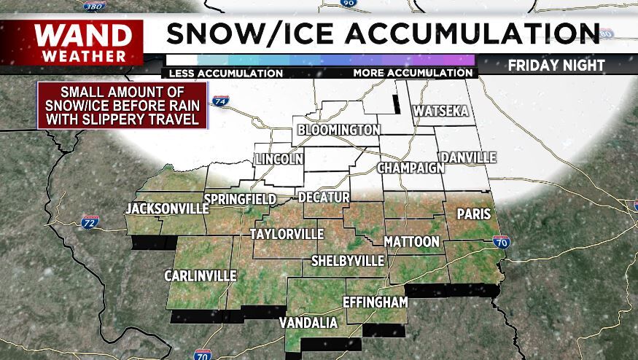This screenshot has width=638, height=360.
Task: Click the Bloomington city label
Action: (x=339, y=130)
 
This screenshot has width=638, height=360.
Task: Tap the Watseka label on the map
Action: (x=440, y=111)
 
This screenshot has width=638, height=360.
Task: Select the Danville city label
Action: (x=467, y=157)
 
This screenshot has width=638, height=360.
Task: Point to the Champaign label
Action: (x=411, y=168)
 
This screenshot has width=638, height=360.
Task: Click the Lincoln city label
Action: (x=279, y=159)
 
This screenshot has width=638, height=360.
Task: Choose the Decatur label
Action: (x=324, y=197)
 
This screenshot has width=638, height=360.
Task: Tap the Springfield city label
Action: (x=240, y=199)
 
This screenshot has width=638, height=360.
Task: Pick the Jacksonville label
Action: (x=162, y=209)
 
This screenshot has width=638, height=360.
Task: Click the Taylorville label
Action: (x=287, y=234)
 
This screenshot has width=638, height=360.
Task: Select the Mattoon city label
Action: (x=412, y=241)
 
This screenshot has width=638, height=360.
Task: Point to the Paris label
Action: (x=473, y=214)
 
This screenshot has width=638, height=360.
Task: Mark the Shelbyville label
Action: (x=348, y=260)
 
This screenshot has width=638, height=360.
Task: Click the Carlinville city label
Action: (x=200, y=275)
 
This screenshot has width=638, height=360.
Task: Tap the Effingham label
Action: (x=375, y=301)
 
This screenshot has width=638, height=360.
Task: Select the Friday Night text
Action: (x=556, y=66)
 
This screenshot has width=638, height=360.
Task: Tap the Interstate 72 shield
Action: (x=90, y=220)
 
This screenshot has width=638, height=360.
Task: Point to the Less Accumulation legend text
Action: (x=225, y=73)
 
